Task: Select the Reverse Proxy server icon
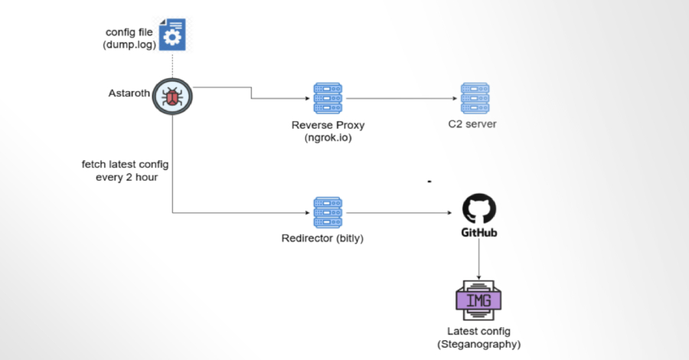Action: (328, 99)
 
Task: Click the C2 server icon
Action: (475, 99)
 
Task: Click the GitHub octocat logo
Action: (479, 208)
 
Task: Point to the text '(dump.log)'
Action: (130, 46)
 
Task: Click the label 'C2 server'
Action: (474, 125)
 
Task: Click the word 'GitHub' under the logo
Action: (479, 231)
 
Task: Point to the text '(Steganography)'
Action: (479, 345)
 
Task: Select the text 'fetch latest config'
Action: (125, 164)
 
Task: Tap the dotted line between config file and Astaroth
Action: (172, 64)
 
